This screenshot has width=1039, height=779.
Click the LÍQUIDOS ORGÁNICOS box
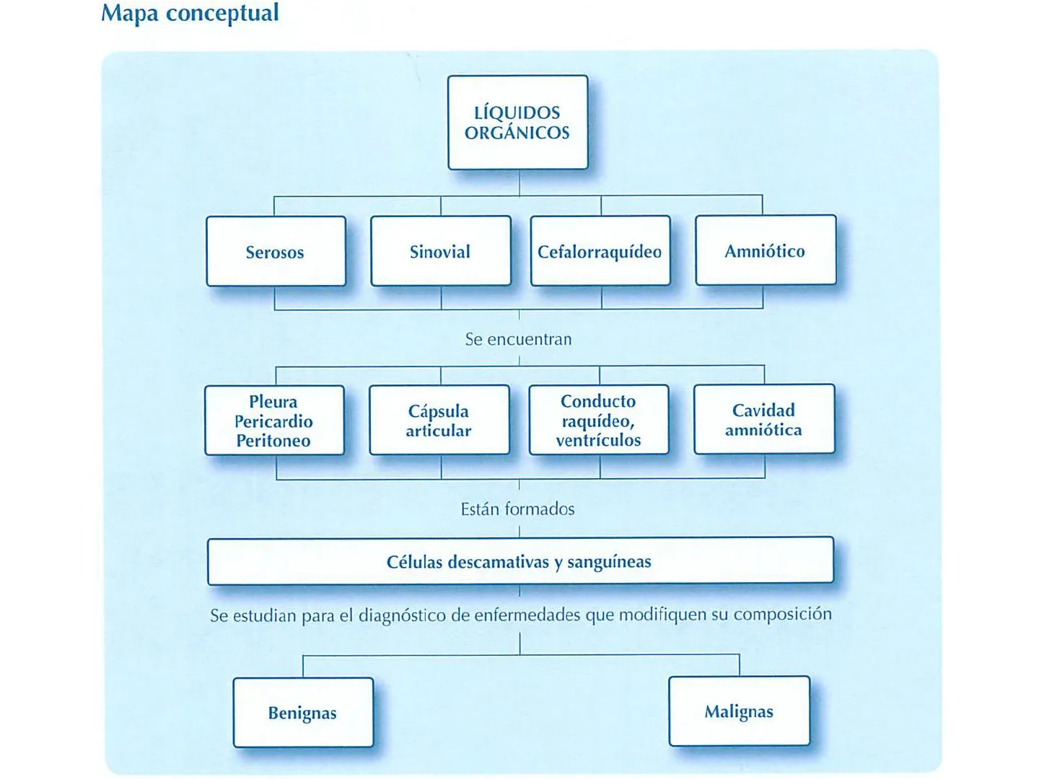pos(517,123)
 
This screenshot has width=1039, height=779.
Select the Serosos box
pos(276,252)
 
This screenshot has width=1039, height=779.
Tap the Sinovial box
pos(440,251)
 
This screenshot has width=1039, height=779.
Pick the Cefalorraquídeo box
pos(600,251)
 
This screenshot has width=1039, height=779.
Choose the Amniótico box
pos(765,250)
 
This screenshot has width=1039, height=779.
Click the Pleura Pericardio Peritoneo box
pos(274,421)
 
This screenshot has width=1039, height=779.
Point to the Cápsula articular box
pos(439,420)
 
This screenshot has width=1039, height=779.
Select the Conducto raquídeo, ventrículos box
pos(599,420)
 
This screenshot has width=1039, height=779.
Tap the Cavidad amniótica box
pos(763,419)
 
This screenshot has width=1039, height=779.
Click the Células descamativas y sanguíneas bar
pos(519,561)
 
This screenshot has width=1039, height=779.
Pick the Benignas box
pos(303,713)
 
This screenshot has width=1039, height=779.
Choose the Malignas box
pos(739,711)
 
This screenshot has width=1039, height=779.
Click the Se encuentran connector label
pos(518,339)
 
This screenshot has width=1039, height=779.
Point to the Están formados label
pos(518,509)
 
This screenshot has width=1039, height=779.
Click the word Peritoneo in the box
pos(273,441)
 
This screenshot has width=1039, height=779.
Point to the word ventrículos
pos(598,440)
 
